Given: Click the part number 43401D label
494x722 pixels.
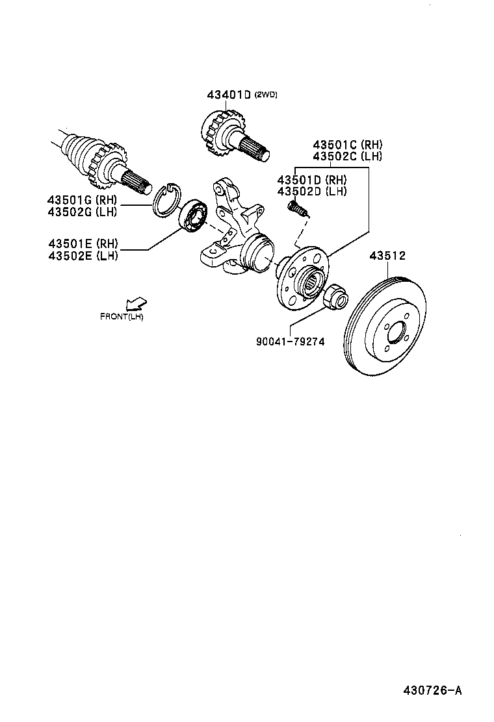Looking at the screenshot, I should tap(229, 95).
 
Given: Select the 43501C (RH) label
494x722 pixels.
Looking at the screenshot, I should tap(347, 145).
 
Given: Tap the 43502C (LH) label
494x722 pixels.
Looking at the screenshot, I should tap(347, 156).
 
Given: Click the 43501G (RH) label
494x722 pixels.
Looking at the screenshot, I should tap(82, 200).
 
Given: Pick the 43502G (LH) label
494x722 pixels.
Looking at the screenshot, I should tap(82, 212).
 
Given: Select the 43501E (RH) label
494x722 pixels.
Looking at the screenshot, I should tap(82, 243).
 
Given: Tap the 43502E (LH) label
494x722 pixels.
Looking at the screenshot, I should tap(82, 255).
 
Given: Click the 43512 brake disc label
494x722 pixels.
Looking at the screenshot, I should tap(387, 256).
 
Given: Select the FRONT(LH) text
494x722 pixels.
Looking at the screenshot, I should tap(122, 317).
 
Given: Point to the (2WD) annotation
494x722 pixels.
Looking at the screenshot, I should tap(266, 95).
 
